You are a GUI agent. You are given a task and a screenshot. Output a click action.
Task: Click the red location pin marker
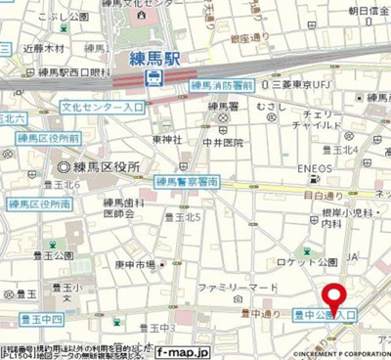[x=335, y=297]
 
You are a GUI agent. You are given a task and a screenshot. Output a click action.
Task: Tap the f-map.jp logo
[x=183, y=349]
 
